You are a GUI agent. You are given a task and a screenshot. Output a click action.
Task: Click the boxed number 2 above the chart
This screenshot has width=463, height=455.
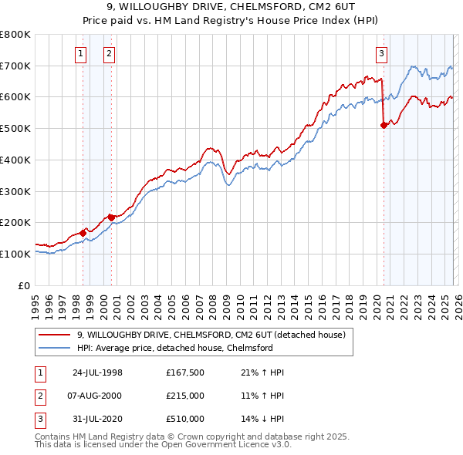[110, 53]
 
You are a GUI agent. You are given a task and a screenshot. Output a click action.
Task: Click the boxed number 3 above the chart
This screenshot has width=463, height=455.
[381, 53]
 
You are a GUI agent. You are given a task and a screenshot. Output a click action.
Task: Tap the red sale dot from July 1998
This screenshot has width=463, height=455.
[83, 232]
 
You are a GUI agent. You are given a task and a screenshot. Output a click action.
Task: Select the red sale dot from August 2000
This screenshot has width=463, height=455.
[111, 217]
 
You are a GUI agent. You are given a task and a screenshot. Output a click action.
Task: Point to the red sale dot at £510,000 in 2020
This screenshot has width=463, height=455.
[384, 125]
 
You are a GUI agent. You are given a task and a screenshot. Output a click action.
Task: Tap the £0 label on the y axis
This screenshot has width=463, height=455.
[23, 285]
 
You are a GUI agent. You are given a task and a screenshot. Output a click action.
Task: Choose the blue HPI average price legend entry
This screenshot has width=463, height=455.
[174, 348]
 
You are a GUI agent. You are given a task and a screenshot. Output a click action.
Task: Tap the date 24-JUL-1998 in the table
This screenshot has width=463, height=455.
[97, 372]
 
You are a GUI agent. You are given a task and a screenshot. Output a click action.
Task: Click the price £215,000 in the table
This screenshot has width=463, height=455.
[185, 396]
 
